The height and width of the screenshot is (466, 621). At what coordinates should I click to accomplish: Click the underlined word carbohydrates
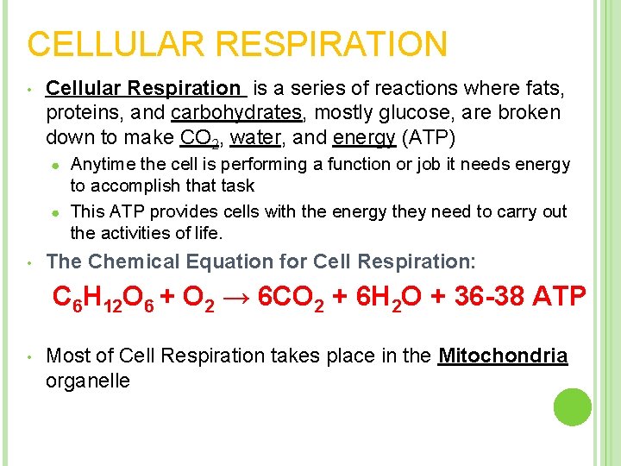coord(237,113)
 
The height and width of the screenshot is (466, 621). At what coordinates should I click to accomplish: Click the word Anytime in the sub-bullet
coord(102,164)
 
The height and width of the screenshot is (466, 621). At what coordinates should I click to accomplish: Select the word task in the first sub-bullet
coord(238,186)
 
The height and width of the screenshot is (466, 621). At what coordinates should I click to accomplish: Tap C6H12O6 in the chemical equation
coord(102,299)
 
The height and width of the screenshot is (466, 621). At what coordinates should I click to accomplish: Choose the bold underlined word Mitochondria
coord(503,356)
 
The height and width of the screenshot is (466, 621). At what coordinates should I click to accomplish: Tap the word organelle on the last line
coord(87,381)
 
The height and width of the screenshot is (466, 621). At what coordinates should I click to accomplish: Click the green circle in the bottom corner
coord(573,406)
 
